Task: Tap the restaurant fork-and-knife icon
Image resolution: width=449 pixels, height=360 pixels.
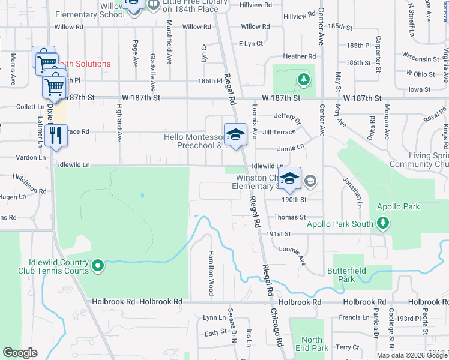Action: coord(56,134)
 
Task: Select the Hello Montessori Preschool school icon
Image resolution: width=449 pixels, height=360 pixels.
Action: coord(235,134)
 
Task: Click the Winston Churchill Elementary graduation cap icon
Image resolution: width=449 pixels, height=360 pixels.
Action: coord(289,178)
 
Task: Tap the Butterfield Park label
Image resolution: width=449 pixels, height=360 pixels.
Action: coord(342,275)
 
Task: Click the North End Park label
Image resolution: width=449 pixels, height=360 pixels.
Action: coord(312,344)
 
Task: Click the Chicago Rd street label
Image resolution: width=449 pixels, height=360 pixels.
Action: coord(277,328)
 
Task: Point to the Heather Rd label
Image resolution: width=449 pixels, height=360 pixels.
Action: coord(298,56)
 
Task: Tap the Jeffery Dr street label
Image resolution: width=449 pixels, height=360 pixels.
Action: coord(288,116)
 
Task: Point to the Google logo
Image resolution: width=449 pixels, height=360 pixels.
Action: coord(20,353)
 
